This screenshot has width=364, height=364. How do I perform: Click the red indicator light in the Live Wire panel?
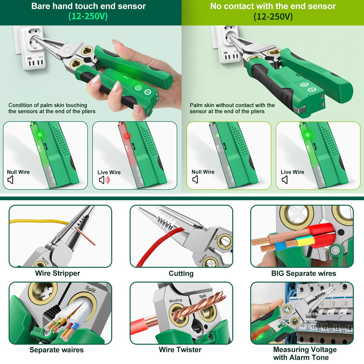127,136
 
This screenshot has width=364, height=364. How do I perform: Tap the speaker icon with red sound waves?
104,180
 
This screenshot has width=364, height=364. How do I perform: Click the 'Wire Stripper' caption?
58,273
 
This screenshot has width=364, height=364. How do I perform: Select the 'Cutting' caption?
181,273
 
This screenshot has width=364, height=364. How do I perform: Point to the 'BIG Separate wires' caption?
304,273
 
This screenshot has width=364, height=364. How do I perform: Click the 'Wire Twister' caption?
180,350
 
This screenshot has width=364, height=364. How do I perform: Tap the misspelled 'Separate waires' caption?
56,350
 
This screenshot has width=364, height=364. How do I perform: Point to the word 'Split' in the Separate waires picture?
90,289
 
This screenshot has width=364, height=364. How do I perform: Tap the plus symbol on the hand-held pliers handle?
138,88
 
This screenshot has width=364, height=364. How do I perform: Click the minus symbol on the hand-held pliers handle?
147,92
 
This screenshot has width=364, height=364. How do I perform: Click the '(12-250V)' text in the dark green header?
88,16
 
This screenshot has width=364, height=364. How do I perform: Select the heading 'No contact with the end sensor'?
273,6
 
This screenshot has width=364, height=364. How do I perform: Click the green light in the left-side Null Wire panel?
40,135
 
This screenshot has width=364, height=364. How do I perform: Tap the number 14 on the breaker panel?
349,328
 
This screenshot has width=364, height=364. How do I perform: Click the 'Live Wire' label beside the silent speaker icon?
292,172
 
